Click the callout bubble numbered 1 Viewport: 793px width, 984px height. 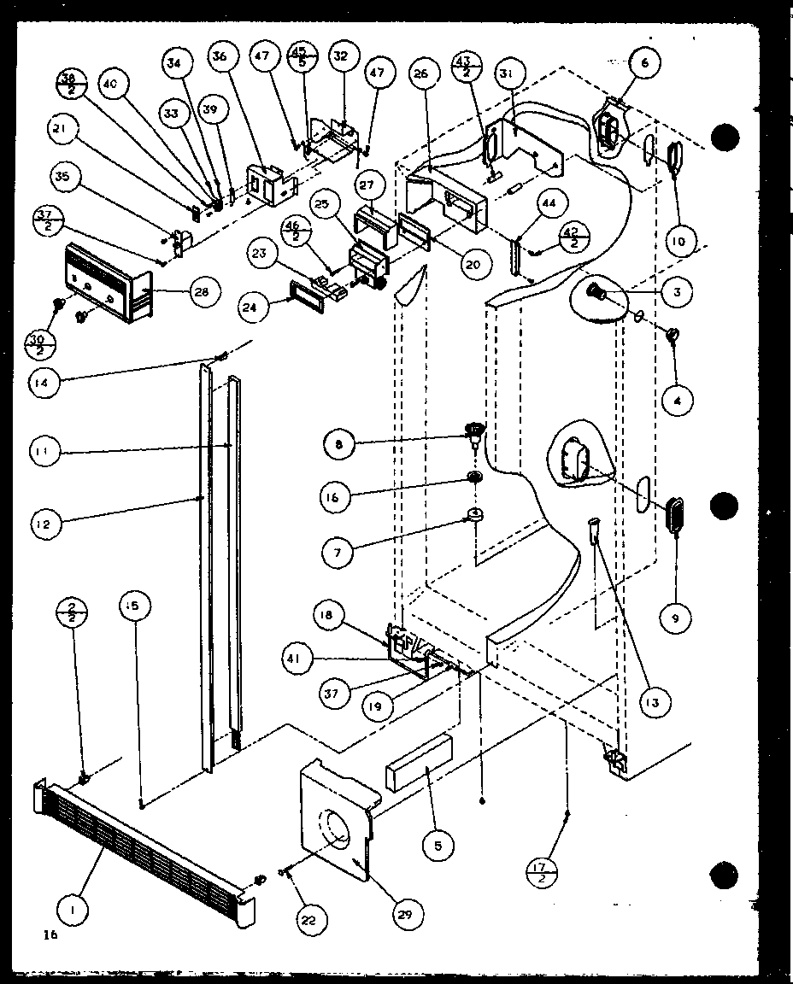point(73,911)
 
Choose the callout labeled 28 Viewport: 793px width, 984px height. point(203,292)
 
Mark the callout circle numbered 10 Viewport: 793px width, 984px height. point(677,242)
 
